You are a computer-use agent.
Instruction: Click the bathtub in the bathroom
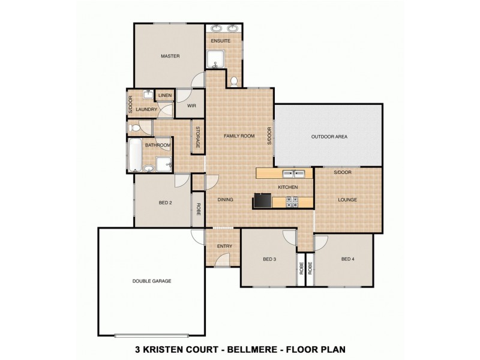(x=135, y=155)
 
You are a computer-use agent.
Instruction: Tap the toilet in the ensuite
(x=234, y=81)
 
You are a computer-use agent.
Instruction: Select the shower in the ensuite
(x=215, y=60)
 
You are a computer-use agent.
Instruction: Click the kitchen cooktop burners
(x=292, y=202)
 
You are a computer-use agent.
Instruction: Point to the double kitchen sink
(x=292, y=174)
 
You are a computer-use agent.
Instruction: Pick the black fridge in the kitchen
(x=263, y=200)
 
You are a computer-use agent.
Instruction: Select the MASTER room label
(x=170, y=56)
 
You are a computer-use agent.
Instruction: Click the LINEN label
(x=165, y=95)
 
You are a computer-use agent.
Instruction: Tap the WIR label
(x=192, y=106)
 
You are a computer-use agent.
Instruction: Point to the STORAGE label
(x=197, y=137)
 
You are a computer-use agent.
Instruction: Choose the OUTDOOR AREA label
(x=329, y=137)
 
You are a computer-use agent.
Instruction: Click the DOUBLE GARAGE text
(x=152, y=281)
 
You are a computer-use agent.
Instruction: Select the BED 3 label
(x=269, y=259)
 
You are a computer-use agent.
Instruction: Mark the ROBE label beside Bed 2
(x=198, y=209)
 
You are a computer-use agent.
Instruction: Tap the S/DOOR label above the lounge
(x=343, y=172)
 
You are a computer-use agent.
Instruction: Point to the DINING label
(x=225, y=200)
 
